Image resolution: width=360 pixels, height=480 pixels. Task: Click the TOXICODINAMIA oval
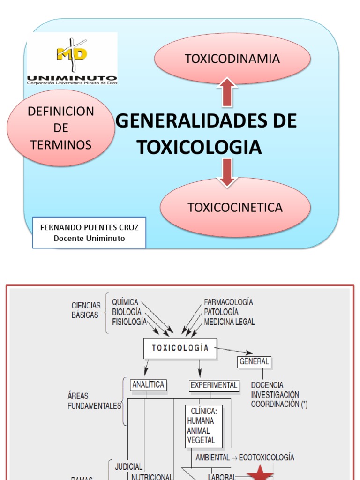pos(232,59)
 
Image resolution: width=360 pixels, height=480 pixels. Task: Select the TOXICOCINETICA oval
pos(235,207)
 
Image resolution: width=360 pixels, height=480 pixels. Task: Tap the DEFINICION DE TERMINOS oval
pos(61,128)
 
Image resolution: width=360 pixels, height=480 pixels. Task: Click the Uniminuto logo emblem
pos(72,54)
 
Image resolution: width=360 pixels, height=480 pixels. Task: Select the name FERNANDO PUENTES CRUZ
pos(89,227)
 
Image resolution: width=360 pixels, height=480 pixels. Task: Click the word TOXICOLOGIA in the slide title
pos(199,147)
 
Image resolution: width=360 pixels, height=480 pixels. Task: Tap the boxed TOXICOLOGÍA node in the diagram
pos(180,348)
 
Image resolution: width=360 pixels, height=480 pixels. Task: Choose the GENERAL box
pos(255,361)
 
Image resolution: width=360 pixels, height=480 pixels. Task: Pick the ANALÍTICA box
pos(148,385)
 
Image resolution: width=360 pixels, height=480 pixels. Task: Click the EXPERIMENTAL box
pos(214,385)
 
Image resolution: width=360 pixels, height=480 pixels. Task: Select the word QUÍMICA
pos(125,302)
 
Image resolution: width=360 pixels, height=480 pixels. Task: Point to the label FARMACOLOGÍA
pos(228,302)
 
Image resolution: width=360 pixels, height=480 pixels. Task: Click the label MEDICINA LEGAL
pos(229,322)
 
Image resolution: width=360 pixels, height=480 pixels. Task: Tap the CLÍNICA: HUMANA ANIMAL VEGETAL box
pos(203,426)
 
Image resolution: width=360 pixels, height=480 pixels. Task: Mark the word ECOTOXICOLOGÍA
pos(266,457)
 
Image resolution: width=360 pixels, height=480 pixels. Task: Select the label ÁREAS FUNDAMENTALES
pos(94,401)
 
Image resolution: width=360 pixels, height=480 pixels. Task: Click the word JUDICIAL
pos(128,466)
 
